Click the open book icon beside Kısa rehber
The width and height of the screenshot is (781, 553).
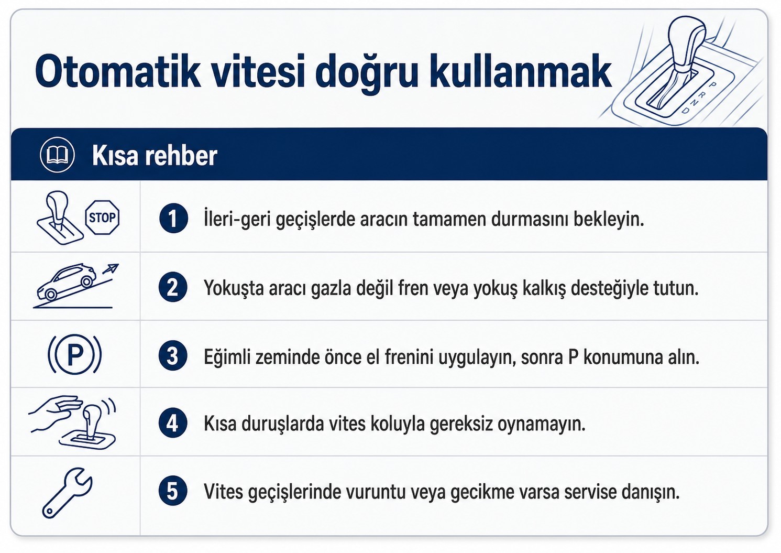57,155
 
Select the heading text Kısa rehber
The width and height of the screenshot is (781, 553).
155,155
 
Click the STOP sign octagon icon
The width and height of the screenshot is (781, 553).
102,217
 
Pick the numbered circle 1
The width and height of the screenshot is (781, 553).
173,219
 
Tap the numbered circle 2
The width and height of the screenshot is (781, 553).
173,287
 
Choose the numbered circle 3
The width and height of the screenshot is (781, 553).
173,355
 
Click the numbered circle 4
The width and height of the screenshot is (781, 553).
173,423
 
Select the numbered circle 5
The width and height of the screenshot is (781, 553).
173,491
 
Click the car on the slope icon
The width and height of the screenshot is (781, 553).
66,281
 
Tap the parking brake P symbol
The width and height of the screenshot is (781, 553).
74,354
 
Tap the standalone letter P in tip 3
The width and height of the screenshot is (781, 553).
573,357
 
